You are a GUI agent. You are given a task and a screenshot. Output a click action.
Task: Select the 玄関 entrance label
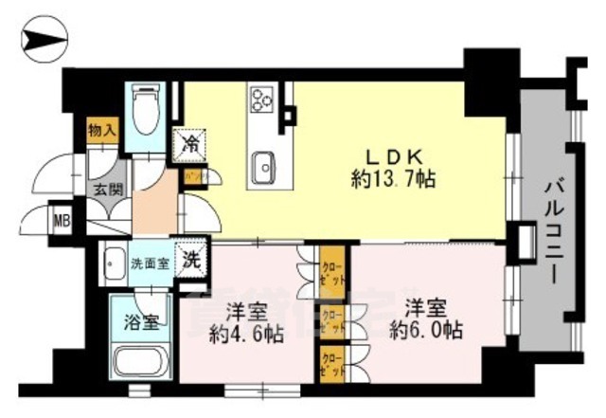[105, 190]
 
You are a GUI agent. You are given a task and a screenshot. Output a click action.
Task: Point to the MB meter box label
[62, 223]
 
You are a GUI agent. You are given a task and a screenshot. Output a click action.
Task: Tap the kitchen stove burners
[261, 98]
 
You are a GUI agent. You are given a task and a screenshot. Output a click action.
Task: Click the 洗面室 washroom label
[150, 263]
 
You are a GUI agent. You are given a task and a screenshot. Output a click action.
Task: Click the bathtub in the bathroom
[139, 365]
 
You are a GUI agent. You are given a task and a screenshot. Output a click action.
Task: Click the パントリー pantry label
[196, 176]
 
